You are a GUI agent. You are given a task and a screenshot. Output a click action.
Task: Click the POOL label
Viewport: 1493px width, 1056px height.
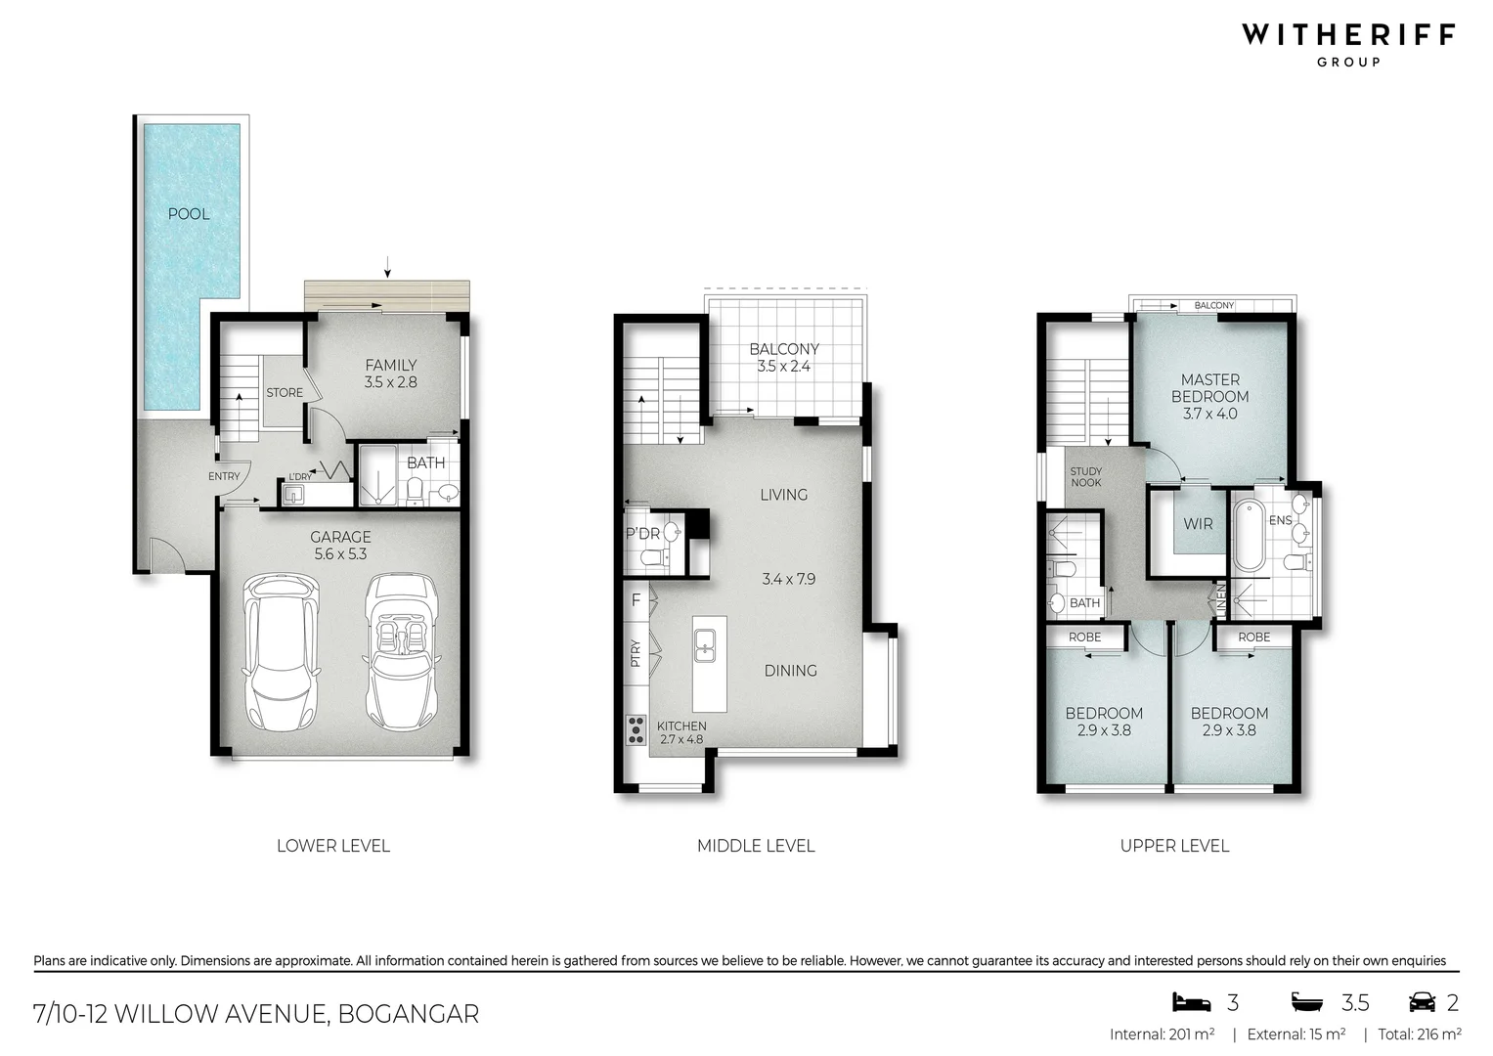coord(189,214)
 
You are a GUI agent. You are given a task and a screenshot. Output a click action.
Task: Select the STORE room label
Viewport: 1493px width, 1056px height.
coord(285,393)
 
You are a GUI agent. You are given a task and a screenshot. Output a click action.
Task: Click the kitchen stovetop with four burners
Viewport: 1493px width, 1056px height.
coord(636,728)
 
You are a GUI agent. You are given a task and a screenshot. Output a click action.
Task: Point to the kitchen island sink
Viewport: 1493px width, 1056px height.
coord(705,644)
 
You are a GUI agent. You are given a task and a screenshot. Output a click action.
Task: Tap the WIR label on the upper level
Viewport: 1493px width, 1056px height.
coord(1198,524)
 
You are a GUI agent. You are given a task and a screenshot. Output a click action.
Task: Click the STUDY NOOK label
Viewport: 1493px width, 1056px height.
coord(1085,477)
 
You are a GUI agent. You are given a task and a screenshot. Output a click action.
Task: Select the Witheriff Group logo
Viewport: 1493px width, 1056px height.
coord(1348,43)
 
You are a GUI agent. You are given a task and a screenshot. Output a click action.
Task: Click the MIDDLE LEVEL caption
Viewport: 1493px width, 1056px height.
coord(756,846)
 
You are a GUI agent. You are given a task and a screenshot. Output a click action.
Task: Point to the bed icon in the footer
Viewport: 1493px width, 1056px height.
coord(1191,1002)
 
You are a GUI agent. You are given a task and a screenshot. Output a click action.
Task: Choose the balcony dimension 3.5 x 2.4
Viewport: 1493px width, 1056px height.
coord(784,367)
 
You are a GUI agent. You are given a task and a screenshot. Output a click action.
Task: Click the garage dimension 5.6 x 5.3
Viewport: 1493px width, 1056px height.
coord(340,554)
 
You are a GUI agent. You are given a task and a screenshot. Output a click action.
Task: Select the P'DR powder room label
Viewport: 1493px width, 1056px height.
coord(642,534)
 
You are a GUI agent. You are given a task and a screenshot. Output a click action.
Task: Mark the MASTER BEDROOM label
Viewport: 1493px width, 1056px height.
coord(1209,388)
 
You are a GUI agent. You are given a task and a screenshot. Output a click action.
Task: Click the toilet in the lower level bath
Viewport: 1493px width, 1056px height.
coord(414,490)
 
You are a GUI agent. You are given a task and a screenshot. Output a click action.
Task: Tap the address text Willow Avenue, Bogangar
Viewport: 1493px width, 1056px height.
coord(256,1014)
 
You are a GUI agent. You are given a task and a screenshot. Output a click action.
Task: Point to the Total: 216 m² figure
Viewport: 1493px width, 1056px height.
coord(1420,1034)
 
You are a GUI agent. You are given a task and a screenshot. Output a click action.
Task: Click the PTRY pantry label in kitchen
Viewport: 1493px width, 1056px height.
coord(636,652)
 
